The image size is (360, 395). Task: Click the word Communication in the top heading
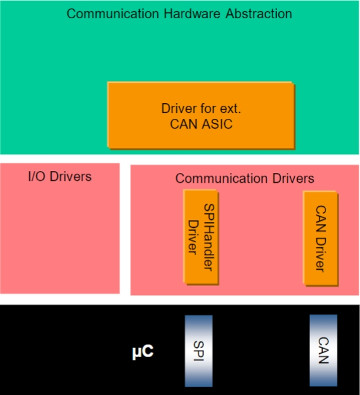tap(112, 14)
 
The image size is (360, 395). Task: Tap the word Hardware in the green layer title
tap(192, 14)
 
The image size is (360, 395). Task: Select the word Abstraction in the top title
tap(259, 14)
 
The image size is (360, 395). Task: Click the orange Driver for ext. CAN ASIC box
tap(201, 115)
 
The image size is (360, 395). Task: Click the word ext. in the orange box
tap(231, 108)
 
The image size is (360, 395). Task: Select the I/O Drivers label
tap(59, 176)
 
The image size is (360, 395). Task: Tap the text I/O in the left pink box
tap(37, 176)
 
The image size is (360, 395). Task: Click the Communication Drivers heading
tap(244, 178)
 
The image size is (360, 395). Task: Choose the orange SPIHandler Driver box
tap(201, 237)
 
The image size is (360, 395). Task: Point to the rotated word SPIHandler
tap(209, 237)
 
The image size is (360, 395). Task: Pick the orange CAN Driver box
tap(321, 238)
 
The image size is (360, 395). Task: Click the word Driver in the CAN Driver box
tap(321, 255)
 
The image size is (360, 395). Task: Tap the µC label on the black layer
tap(142, 351)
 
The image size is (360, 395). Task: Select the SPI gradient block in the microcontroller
tap(199, 351)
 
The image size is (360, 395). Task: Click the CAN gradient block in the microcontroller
tap(323, 350)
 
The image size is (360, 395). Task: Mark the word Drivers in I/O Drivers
tap(71, 176)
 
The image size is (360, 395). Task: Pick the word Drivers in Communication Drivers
tap(293, 178)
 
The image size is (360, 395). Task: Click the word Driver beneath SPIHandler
tap(193, 237)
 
